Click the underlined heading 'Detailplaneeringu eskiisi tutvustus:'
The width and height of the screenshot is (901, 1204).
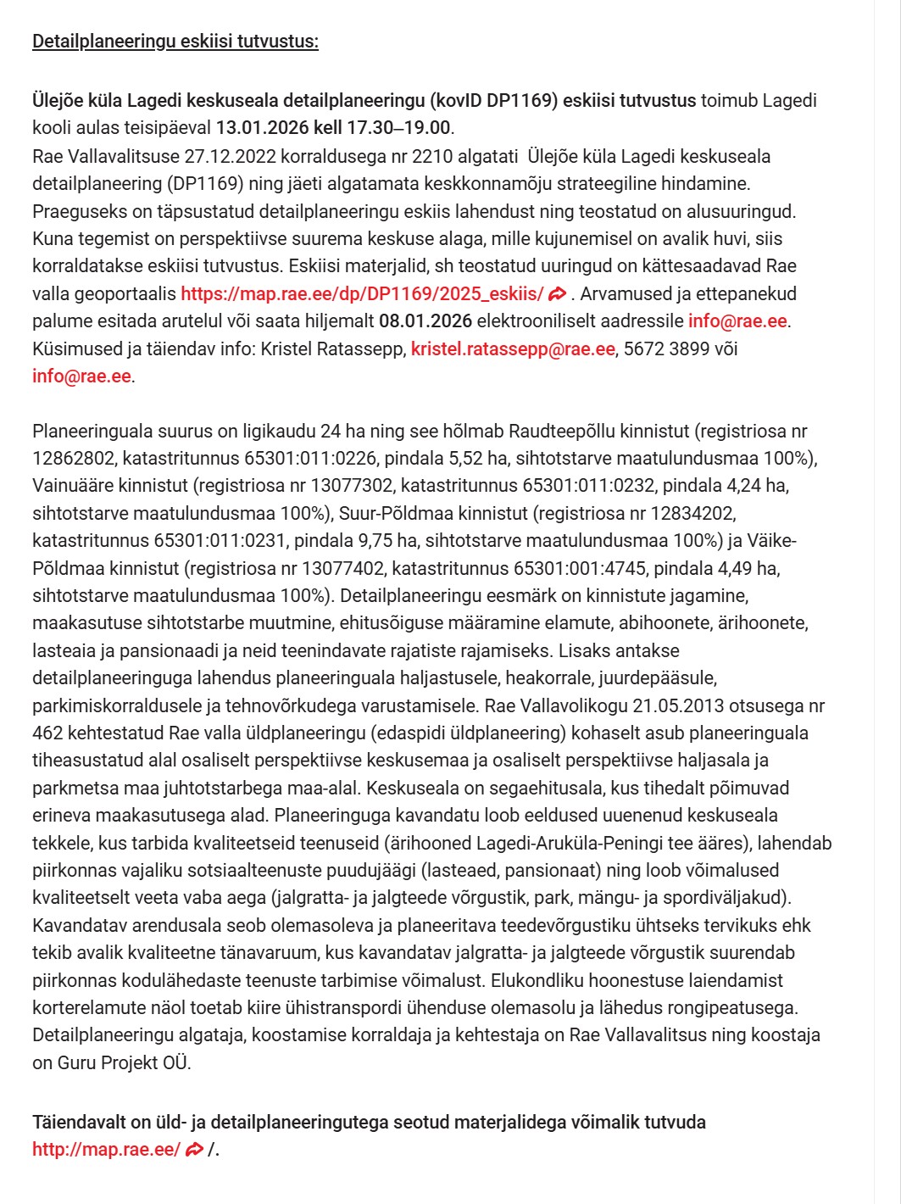pyautogui.click(x=175, y=42)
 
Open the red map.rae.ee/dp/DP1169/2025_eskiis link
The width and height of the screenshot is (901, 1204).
pyautogui.click(x=362, y=294)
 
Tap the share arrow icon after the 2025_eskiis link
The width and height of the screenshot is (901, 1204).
pyautogui.click(x=557, y=294)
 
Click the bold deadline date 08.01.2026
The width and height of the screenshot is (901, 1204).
pyautogui.click(x=425, y=321)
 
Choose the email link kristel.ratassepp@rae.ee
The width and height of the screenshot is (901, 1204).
pyautogui.click(x=513, y=348)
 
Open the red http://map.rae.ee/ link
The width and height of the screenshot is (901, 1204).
pyautogui.click(x=106, y=1150)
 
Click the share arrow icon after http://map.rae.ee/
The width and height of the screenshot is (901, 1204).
pyautogui.click(x=194, y=1150)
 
